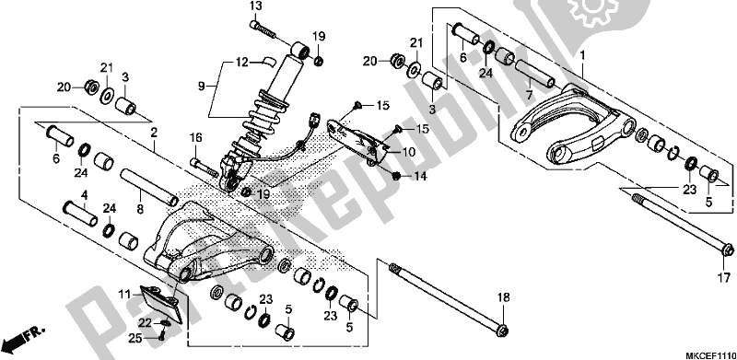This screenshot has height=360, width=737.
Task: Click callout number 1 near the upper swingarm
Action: [x=581, y=56]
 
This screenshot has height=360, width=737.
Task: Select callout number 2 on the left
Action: [x=154, y=132]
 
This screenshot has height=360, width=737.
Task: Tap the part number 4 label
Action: [x=84, y=194]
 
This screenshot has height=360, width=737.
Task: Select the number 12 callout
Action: [x=242, y=63]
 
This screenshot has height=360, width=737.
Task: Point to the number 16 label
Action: [x=195, y=137]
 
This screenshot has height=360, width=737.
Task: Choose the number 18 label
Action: [x=503, y=296]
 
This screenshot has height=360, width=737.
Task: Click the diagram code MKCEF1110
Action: [x=701, y=352]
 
